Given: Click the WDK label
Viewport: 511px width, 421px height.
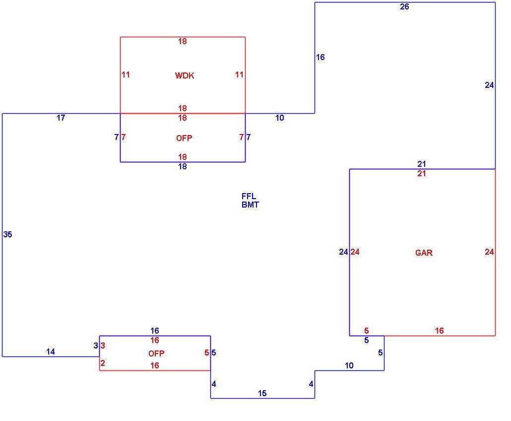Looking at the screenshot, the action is tap(185, 75).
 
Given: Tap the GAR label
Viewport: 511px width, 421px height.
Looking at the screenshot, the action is tap(424, 253).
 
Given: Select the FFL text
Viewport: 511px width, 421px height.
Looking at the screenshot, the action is tap(249, 196).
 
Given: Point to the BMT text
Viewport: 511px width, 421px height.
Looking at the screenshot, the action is tap(250, 205).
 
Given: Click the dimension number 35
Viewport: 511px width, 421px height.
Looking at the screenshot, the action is tap(8, 234).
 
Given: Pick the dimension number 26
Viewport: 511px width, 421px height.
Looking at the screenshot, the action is tap(404, 7).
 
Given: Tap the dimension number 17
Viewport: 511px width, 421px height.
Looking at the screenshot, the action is tap(61, 118).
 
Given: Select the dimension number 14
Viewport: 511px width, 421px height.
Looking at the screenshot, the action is tap(51, 352).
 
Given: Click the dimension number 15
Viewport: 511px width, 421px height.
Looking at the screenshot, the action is tap(262, 394).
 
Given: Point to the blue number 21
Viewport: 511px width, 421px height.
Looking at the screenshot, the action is tap(422, 164).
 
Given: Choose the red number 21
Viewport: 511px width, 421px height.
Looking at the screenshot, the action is tap(422, 173).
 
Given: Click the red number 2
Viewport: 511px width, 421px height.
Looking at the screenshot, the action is tap(103, 363).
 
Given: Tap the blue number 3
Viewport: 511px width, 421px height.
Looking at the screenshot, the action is tap(96, 346).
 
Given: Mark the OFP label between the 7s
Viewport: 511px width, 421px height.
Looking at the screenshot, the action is tap(184, 139).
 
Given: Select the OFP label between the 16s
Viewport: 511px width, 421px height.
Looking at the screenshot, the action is tap(156, 353).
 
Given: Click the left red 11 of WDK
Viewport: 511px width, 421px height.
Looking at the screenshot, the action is tap(126, 74).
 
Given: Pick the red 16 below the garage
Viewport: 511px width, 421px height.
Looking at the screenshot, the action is tap(439, 331).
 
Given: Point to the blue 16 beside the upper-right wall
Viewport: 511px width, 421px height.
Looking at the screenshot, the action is tap(320, 58).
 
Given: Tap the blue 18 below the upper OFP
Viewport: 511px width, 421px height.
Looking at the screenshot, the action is tap(183, 167).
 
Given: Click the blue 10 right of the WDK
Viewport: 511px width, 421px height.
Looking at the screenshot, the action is tap(280, 118).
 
